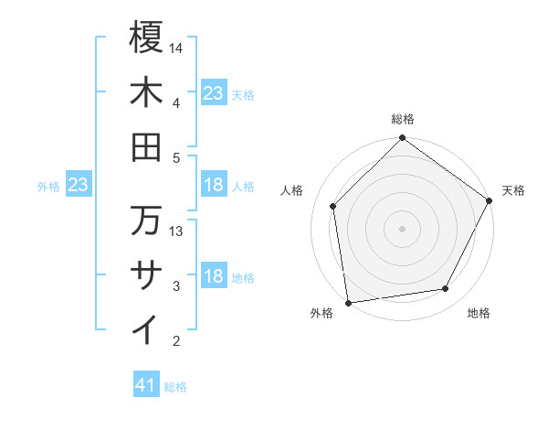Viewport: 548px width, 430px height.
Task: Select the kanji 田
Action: click(x=146, y=146)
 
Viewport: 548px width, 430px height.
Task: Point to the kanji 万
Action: click(x=146, y=220)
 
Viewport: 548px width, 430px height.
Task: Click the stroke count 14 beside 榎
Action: click(x=177, y=47)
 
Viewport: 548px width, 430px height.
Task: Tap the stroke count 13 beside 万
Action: click(x=177, y=231)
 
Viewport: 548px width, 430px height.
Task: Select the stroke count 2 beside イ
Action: click(x=176, y=341)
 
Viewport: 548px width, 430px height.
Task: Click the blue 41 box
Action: click(x=146, y=385)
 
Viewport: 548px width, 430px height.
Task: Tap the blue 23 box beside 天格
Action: click(x=214, y=92)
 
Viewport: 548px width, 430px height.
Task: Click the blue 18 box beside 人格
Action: click(x=214, y=186)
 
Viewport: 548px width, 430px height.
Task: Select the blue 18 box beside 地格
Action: click(x=214, y=276)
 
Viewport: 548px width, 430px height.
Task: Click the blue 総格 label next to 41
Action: click(x=175, y=387)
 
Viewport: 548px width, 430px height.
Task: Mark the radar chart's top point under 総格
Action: click(x=403, y=139)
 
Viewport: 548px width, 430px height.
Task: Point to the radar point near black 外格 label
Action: click(x=348, y=302)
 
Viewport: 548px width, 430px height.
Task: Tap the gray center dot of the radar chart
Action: click(x=403, y=228)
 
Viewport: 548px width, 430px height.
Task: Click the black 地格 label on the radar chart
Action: click(x=479, y=313)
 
